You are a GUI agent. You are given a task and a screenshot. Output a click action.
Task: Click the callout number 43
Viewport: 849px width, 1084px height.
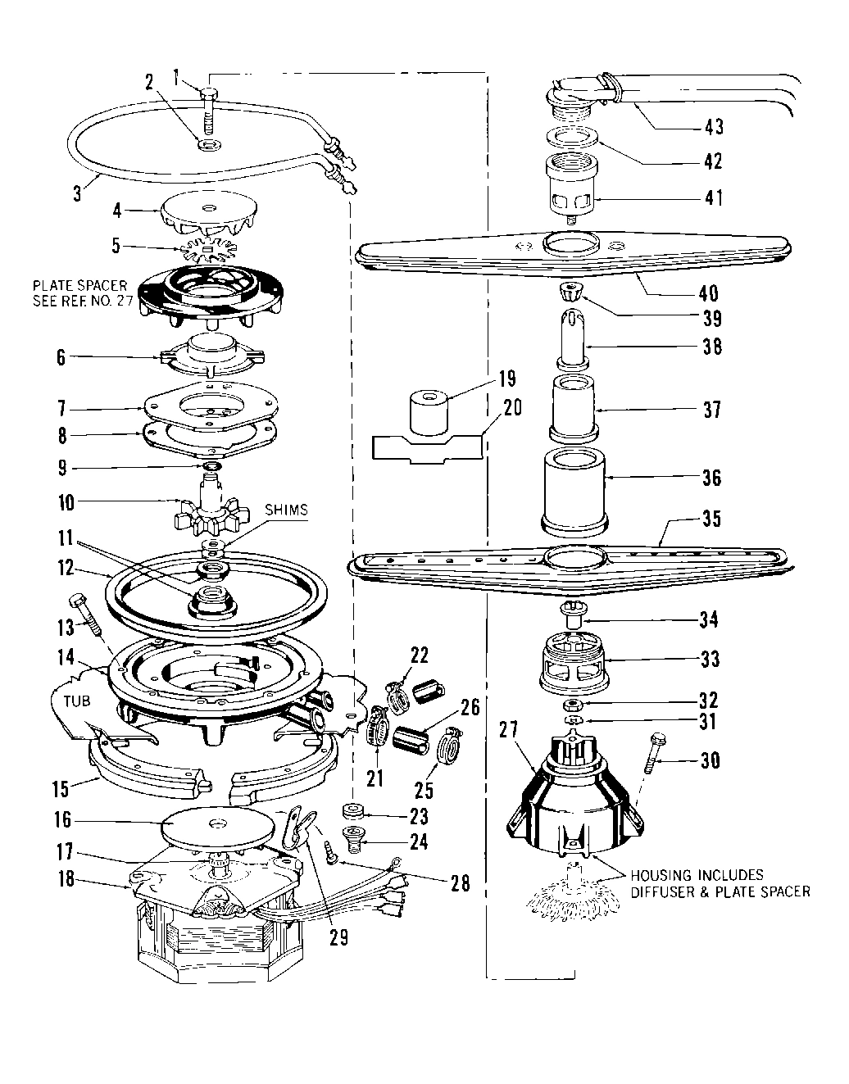714,126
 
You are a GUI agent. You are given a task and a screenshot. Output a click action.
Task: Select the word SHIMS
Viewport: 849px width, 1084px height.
287,510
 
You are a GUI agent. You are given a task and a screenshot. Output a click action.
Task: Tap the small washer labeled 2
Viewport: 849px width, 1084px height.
202,145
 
